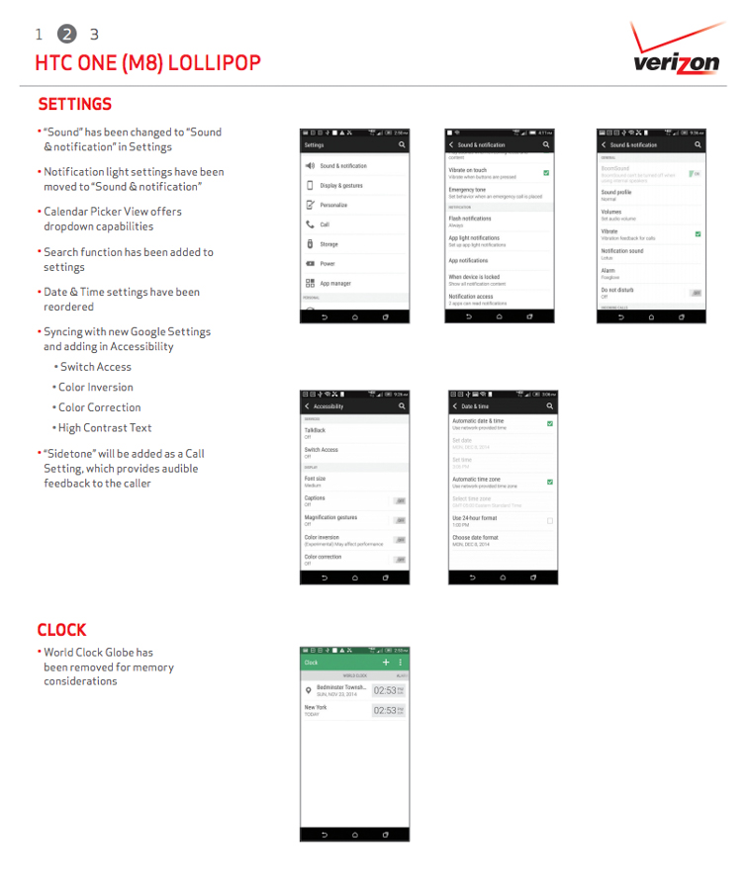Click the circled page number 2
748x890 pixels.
[x=66, y=35]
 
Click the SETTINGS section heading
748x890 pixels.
[x=74, y=104]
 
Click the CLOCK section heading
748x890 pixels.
[x=61, y=630]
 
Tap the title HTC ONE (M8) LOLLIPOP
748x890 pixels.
[x=147, y=63]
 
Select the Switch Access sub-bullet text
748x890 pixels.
[x=95, y=367]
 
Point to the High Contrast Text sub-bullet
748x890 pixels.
[x=104, y=427]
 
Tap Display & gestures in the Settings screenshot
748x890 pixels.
[x=340, y=185]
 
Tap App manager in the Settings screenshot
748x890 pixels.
[x=334, y=283]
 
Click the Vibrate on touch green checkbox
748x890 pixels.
[x=546, y=172]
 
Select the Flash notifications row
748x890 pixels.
[x=470, y=221]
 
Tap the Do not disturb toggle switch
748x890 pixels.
[x=696, y=293]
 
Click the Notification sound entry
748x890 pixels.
[x=622, y=253]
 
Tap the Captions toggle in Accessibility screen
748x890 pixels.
[x=399, y=501]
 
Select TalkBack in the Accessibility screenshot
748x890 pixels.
[x=315, y=432]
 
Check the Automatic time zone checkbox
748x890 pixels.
[x=550, y=482]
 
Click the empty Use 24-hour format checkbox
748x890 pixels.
[x=550, y=520]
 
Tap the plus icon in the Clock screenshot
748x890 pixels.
[x=386, y=662]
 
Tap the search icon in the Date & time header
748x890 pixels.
[x=550, y=406]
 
